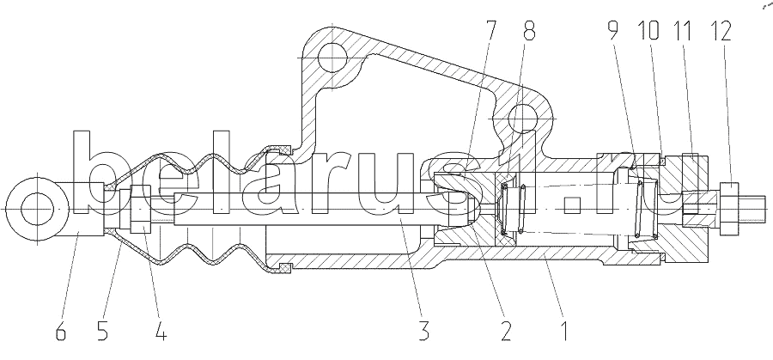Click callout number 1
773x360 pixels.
pos(565,331)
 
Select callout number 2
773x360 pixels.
pos(506,331)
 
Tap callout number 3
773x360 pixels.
pos(423,331)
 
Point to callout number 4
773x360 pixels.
pos(161,331)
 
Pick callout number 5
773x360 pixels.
pos(102,331)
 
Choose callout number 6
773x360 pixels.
pos(60,331)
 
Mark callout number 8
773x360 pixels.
pos(529,31)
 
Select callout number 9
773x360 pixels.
pos(612,31)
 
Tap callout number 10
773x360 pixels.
pos(648,31)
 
